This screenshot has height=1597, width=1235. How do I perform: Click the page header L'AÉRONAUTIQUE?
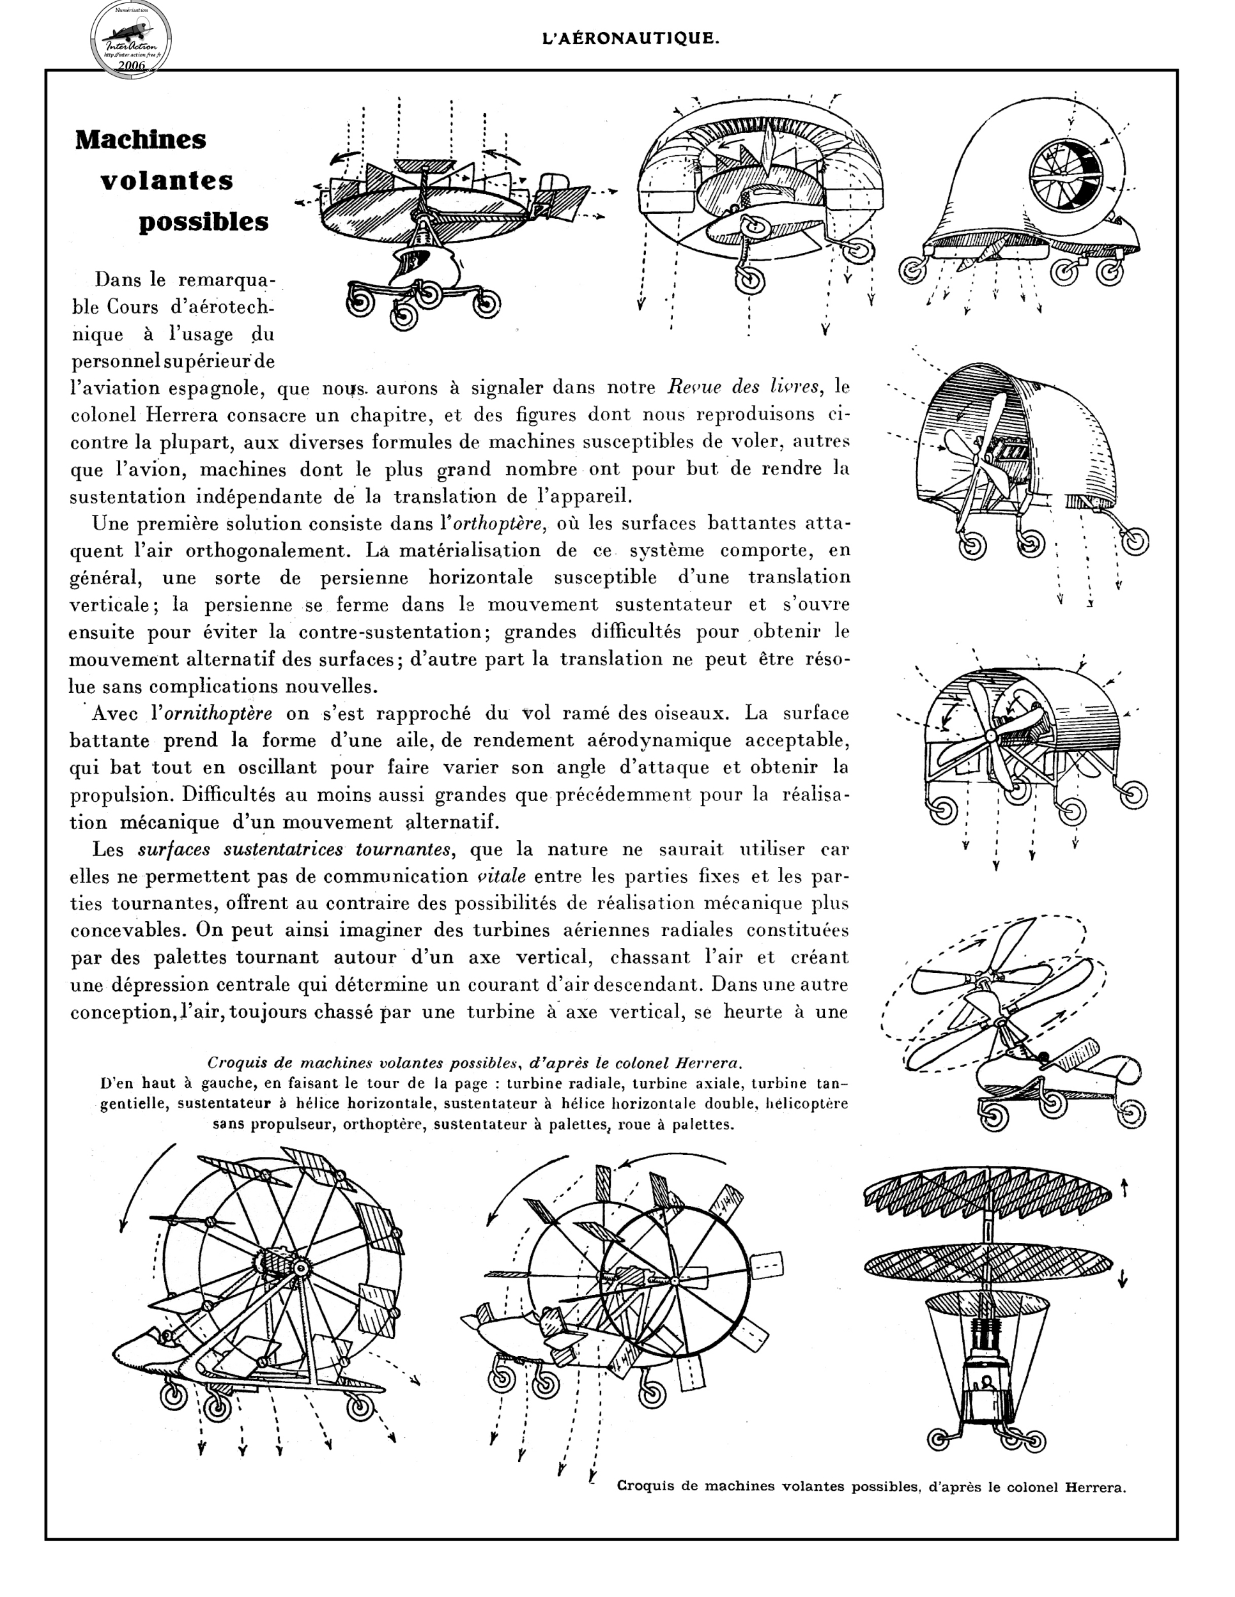point(631,39)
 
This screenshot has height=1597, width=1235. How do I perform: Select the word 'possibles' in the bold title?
point(203,222)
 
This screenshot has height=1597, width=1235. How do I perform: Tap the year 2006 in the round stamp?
point(131,65)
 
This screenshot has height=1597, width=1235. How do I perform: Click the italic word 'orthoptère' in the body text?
point(500,524)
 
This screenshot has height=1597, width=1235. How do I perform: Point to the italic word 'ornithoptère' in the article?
point(219,713)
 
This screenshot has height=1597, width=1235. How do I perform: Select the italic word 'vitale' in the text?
point(501,876)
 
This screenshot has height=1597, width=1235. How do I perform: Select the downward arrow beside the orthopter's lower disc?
point(1123,1279)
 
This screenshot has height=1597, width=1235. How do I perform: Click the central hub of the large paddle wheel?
point(298,1267)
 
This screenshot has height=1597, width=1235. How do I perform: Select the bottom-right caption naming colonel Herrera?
point(871,1486)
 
